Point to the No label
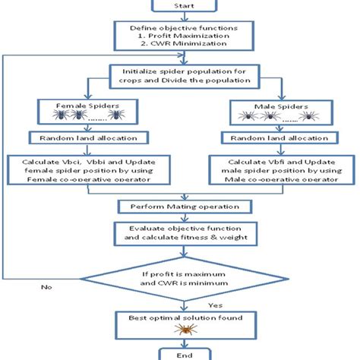coord(46,287)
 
